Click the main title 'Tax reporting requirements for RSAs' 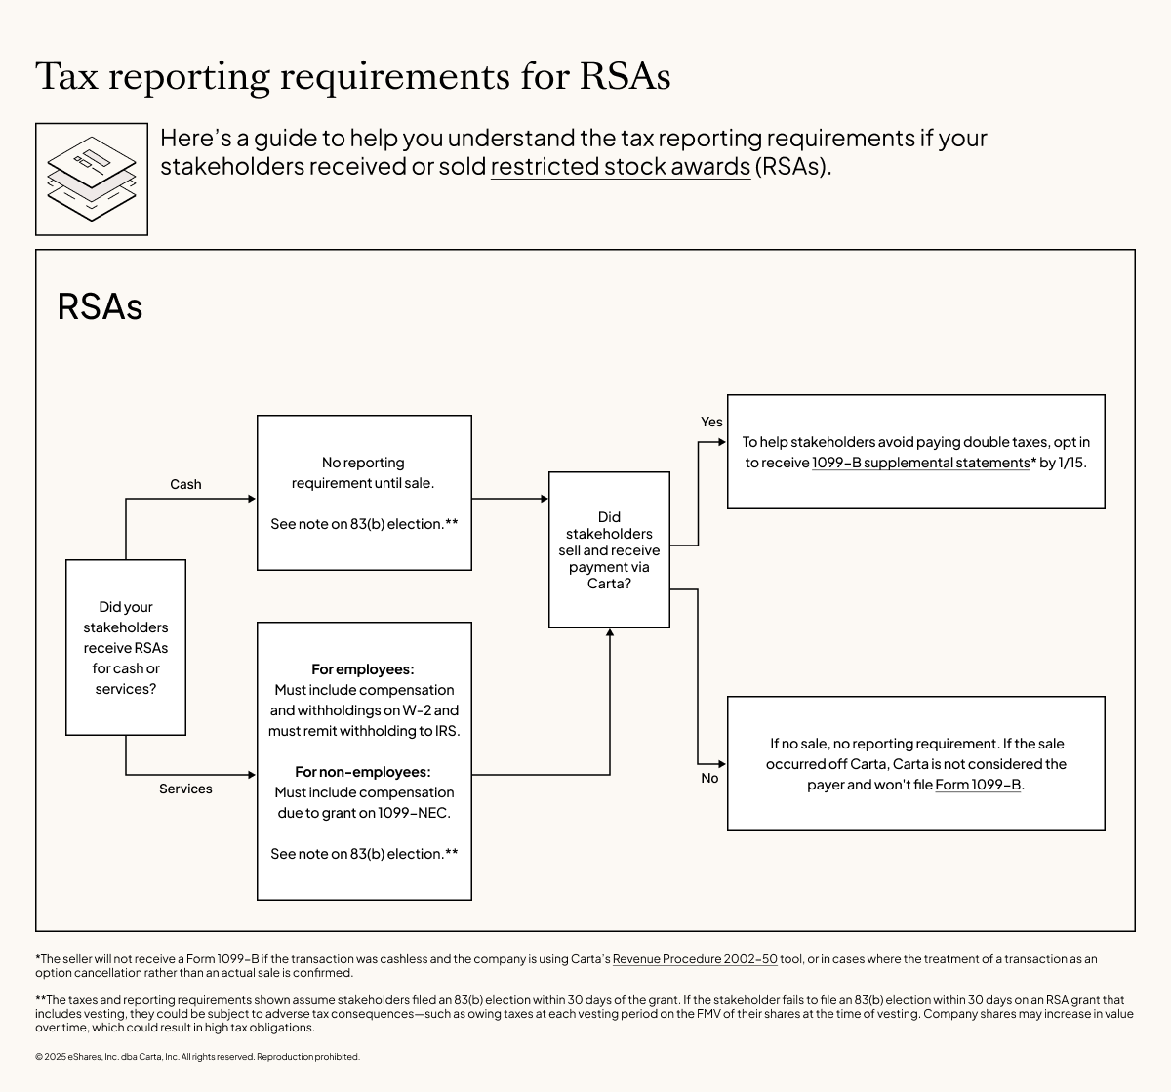(x=352, y=76)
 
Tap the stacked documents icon (x=92, y=179)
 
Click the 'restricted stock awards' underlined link (x=620, y=166)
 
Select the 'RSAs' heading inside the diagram (x=100, y=306)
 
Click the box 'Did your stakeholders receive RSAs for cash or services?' (x=126, y=647)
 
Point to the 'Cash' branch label (x=185, y=484)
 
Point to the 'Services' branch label (x=185, y=789)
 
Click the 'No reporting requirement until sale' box (x=364, y=492)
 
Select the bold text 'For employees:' (x=363, y=669)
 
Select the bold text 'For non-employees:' (x=363, y=772)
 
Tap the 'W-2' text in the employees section (x=417, y=710)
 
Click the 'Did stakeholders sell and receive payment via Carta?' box (x=609, y=549)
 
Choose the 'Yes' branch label (x=711, y=422)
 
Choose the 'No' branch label (x=709, y=778)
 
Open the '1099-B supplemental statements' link (x=920, y=463)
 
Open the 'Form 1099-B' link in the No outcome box (x=978, y=785)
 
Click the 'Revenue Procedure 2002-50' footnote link (x=695, y=959)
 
